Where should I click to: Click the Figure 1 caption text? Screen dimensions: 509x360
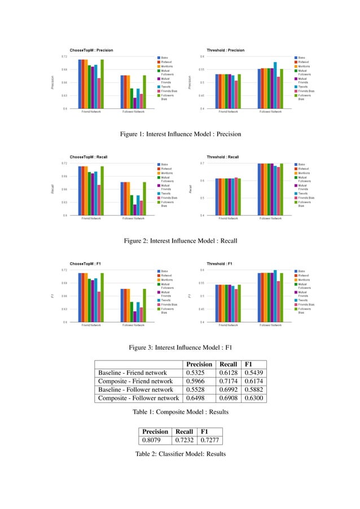[181, 134]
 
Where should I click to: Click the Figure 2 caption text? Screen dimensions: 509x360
[181, 241]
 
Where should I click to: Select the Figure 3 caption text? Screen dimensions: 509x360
[181, 347]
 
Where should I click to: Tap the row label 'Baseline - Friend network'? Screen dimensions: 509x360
[133, 372]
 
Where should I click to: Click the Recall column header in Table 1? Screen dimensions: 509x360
[226, 364]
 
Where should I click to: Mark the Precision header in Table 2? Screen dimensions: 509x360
[155, 432]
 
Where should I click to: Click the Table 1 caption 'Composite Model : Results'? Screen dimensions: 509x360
[181, 413]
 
